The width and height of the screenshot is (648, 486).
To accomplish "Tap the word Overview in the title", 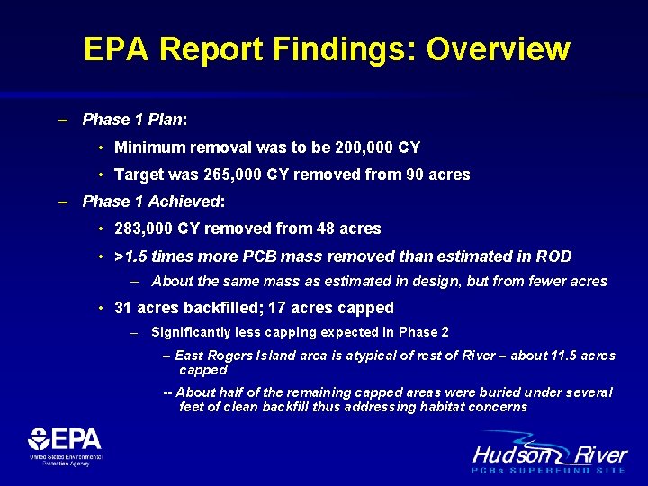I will [x=498, y=49].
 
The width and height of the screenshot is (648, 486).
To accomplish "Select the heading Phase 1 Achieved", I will [x=151, y=202].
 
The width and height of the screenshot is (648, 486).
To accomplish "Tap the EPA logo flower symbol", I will [x=40, y=439].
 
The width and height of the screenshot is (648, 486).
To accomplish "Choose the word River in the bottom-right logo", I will [x=597, y=454].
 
